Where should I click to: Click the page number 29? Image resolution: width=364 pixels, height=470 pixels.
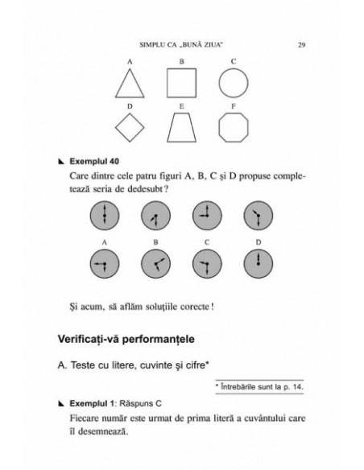tap(300, 44)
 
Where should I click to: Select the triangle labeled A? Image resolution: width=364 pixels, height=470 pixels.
tap(129, 83)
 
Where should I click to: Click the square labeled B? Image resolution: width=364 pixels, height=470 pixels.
tap(181, 82)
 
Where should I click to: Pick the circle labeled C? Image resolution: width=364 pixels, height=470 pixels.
tap(233, 82)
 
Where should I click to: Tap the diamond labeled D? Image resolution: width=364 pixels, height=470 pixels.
tap(129, 127)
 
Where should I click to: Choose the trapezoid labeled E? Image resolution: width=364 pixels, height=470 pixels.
tap(181, 127)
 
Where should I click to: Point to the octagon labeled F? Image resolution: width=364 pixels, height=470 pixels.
tap(233, 127)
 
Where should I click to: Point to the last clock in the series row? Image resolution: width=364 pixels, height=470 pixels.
tap(258, 215)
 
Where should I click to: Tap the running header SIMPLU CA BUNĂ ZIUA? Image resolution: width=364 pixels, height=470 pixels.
tap(182, 44)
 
